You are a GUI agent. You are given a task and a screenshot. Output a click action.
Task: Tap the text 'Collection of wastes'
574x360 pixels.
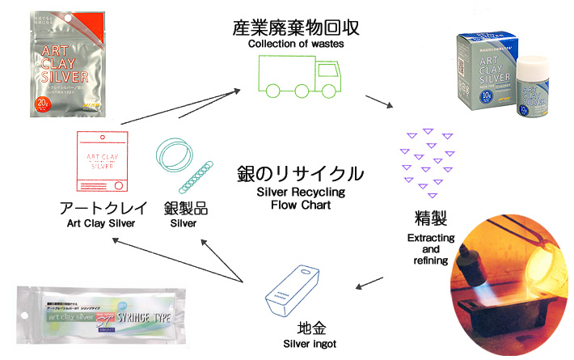pyautogui.click(x=296, y=44)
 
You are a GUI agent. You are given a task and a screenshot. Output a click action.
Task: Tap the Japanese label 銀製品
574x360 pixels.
pyautogui.click(x=184, y=208)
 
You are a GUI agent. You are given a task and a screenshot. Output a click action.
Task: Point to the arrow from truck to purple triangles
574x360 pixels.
pyautogui.click(x=378, y=103)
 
